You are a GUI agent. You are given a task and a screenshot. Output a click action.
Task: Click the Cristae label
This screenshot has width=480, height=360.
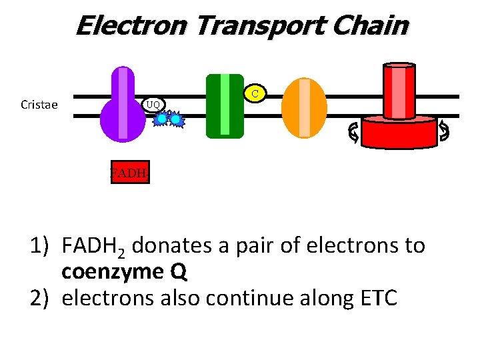[x=39, y=105]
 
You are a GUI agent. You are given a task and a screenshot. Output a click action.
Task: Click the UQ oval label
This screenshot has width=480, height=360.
[x=153, y=104]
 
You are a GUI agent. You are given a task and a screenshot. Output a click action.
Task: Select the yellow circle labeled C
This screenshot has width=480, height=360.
[x=255, y=93]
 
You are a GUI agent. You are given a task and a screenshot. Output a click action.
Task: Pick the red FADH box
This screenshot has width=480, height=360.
[x=129, y=173]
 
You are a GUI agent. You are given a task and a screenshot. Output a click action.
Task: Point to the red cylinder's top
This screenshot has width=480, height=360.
[x=399, y=67]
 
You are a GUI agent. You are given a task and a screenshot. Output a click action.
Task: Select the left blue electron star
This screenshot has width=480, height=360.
[x=161, y=119]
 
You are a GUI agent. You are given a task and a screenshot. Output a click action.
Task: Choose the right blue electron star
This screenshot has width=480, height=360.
[x=176, y=119]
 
